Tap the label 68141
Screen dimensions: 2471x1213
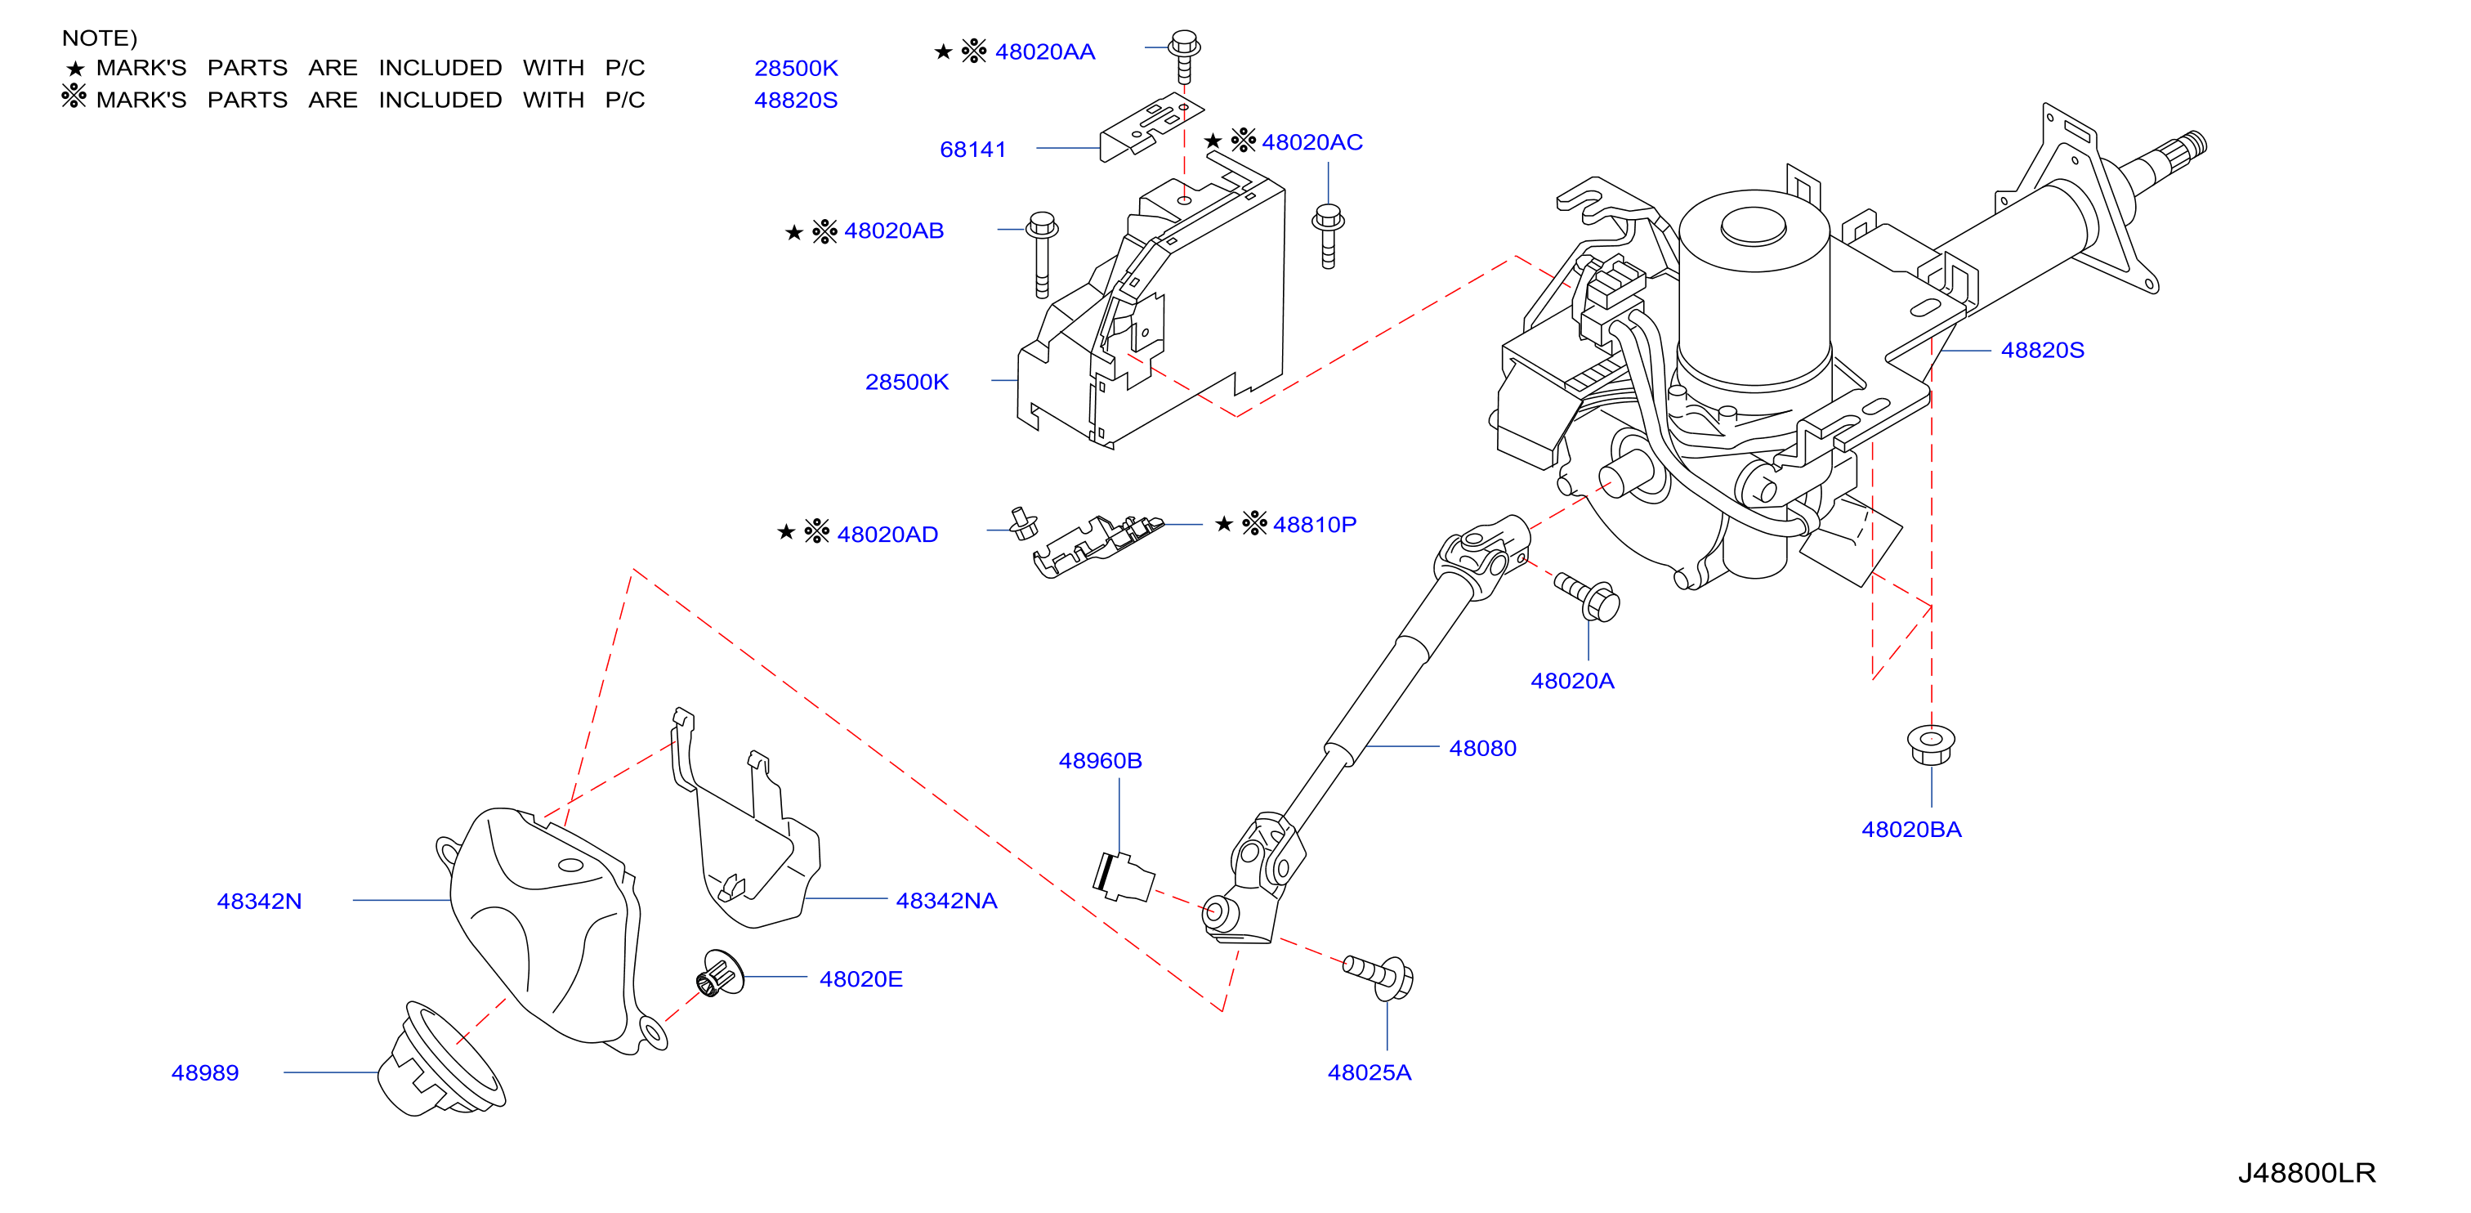972,150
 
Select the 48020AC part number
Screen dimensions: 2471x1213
1311,142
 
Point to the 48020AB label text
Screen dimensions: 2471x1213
893,231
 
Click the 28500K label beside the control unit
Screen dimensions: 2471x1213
906,382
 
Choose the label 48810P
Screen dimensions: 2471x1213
1314,524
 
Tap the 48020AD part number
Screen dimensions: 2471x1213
887,534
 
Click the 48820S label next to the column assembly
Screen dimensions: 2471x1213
2042,351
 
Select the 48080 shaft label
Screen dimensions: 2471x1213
1482,749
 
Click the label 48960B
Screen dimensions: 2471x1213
1099,761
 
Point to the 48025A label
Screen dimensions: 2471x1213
1369,1073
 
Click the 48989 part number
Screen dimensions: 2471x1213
204,1073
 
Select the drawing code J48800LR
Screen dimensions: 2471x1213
2306,1173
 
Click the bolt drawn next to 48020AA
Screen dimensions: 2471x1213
1184,56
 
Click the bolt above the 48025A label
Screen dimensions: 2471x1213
1378,977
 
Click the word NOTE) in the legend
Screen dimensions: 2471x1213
100,38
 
